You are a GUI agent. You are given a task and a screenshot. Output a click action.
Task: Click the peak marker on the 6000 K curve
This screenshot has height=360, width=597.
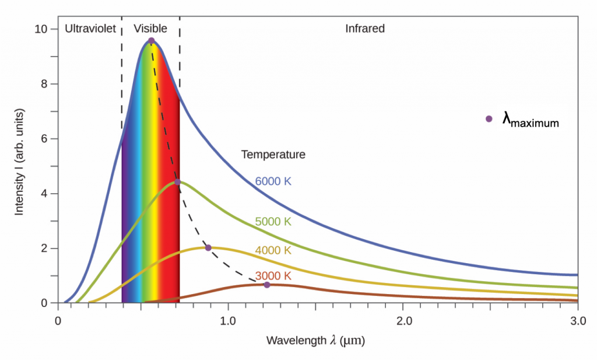pos(151,41)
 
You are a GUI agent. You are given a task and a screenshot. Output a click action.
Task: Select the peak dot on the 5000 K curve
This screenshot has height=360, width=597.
pos(177,182)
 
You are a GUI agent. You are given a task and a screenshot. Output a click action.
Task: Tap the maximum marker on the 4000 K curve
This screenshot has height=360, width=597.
pos(208,248)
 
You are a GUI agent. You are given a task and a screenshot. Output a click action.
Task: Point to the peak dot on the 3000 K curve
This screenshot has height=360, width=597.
pos(267,285)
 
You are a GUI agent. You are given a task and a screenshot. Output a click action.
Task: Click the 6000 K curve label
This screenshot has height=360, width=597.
pos(273,181)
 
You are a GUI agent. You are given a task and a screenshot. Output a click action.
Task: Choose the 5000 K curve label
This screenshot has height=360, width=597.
pos(273,222)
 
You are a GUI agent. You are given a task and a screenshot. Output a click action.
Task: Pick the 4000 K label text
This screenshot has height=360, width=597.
pos(273,250)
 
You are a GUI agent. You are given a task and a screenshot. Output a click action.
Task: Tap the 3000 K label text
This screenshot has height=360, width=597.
pos(273,275)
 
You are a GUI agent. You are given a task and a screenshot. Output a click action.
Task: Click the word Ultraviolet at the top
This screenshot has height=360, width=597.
pos(91,29)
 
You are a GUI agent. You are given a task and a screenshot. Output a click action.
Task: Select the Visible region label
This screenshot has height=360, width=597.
pos(150,29)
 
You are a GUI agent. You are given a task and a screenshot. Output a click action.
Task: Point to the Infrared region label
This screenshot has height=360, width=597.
pos(365,29)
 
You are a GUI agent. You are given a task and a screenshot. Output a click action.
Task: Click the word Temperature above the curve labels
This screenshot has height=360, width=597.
pos(273,155)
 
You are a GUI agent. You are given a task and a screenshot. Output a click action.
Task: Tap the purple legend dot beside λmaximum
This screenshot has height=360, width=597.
pos(489,119)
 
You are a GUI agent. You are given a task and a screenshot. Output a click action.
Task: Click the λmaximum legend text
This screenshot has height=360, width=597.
pos(531,120)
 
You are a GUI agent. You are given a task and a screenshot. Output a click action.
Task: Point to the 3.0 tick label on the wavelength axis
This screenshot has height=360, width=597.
pos(577,321)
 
